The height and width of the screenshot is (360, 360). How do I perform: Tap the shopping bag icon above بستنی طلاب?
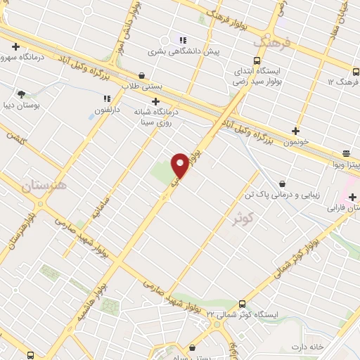143,75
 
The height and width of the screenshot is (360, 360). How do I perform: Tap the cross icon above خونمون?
296,131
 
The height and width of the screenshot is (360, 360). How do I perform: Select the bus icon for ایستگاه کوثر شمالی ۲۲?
243,304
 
